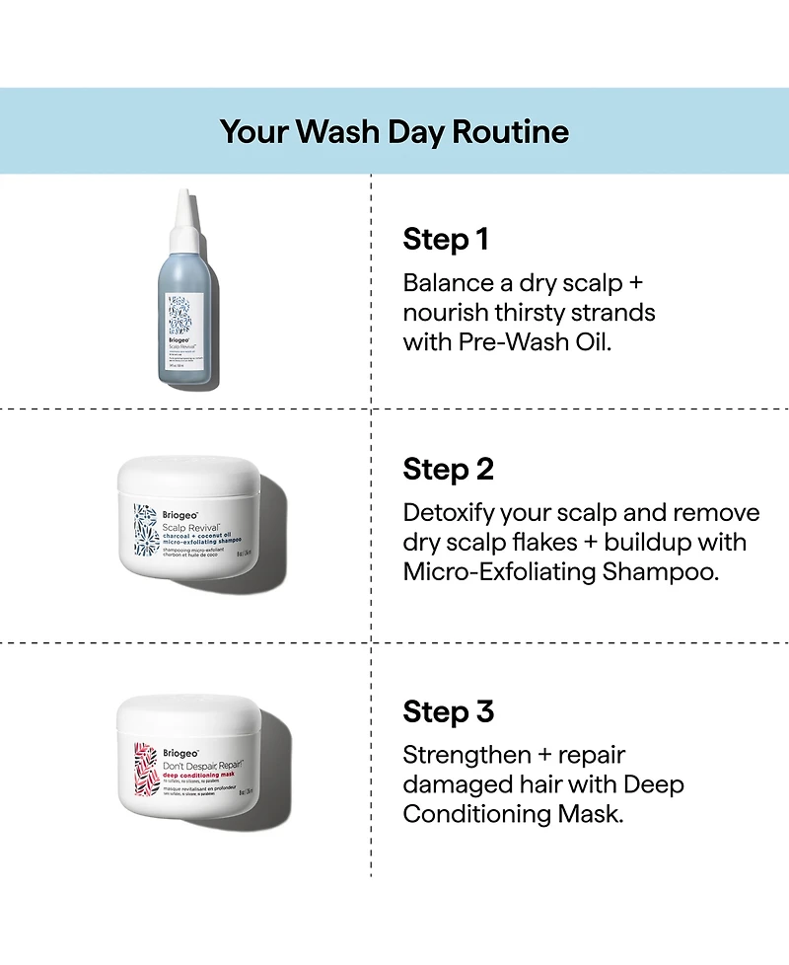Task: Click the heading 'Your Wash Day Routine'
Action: [x=394, y=132]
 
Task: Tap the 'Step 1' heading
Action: [x=446, y=240]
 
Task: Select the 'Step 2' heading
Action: [x=448, y=470]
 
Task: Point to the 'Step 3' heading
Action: [x=448, y=711]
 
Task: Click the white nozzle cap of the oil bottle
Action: [x=182, y=212]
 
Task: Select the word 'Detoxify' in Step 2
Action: [x=448, y=513]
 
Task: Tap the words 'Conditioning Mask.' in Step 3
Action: [x=513, y=815]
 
